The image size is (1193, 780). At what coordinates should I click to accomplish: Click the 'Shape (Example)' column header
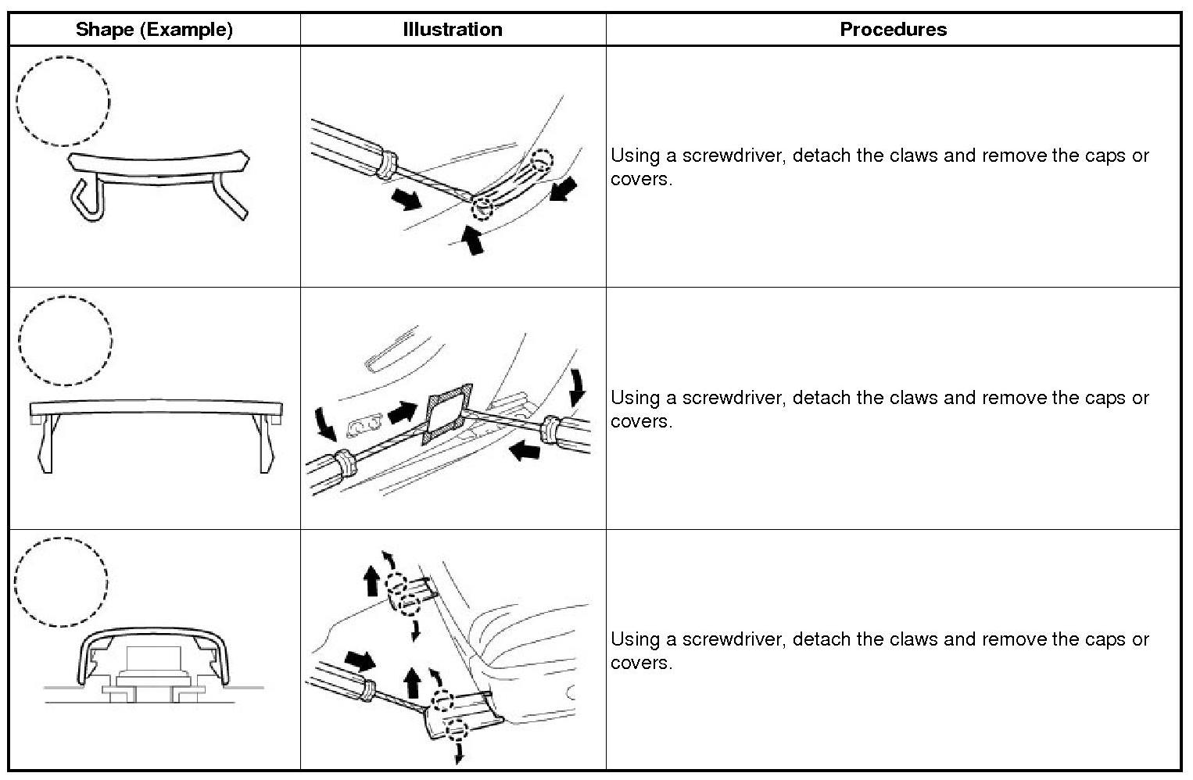[x=154, y=30]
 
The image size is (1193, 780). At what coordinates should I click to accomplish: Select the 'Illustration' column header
[x=452, y=30]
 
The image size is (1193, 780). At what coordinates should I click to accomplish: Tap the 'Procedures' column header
[x=893, y=30]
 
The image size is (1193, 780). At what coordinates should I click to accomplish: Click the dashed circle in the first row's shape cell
[x=63, y=101]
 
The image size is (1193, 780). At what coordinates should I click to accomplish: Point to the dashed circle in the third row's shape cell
[x=61, y=581]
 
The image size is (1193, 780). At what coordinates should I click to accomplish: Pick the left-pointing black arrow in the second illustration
[x=524, y=449]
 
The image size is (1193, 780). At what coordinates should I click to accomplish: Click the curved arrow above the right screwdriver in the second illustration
[x=578, y=386]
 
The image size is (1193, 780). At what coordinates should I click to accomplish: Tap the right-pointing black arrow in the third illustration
[x=359, y=661]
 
